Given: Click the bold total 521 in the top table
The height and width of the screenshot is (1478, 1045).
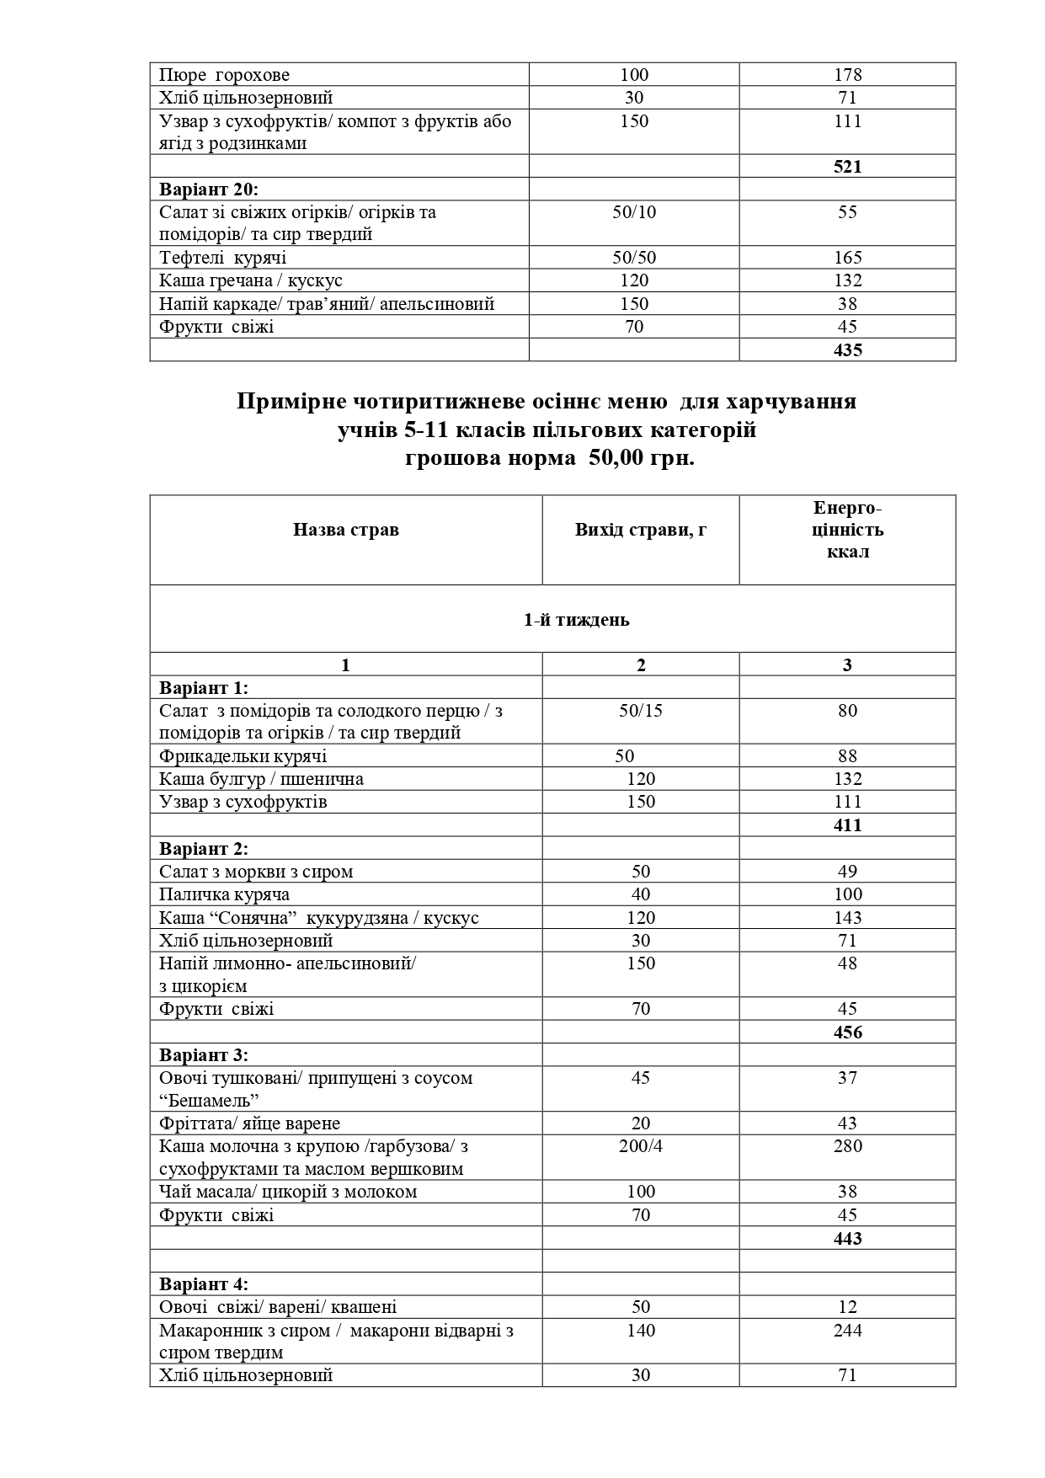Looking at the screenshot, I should click(x=847, y=167).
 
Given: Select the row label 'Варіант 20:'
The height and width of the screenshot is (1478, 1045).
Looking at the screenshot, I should click(x=209, y=189).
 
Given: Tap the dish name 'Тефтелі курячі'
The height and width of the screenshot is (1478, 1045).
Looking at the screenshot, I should click(x=222, y=258).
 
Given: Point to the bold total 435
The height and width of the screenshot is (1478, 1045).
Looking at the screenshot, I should click(x=847, y=350).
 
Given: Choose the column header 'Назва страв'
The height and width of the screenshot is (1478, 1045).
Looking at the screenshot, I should click(x=345, y=530).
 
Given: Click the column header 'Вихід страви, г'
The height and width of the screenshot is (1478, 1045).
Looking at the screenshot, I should click(x=640, y=530).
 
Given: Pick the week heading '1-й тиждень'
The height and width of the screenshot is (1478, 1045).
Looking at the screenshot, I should click(x=577, y=620).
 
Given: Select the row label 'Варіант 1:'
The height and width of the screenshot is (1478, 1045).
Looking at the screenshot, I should click(x=204, y=688).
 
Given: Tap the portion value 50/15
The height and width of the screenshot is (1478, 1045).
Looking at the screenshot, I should click(x=640, y=711).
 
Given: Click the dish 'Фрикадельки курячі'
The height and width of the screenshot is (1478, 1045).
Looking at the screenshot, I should click(x=243, y=756).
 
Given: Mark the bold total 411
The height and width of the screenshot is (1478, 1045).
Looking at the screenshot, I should click(x=847, y=825).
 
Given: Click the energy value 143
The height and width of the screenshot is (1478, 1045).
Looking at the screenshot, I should click(x=847, y=918).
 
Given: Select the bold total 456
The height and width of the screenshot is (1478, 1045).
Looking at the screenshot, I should click(x=847, y=1032).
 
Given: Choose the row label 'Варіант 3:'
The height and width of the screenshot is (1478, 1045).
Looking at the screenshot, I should click(x=204, y=1055).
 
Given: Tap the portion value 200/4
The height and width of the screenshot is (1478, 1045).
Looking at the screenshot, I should click(x=640, y=1146).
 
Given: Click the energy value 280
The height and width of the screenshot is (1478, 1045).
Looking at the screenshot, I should click(x=847, y=1146).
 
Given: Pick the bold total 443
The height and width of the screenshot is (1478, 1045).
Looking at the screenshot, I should click(x=847, y=1239).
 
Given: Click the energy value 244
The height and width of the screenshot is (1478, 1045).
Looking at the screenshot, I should click(x=847, y=1331).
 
